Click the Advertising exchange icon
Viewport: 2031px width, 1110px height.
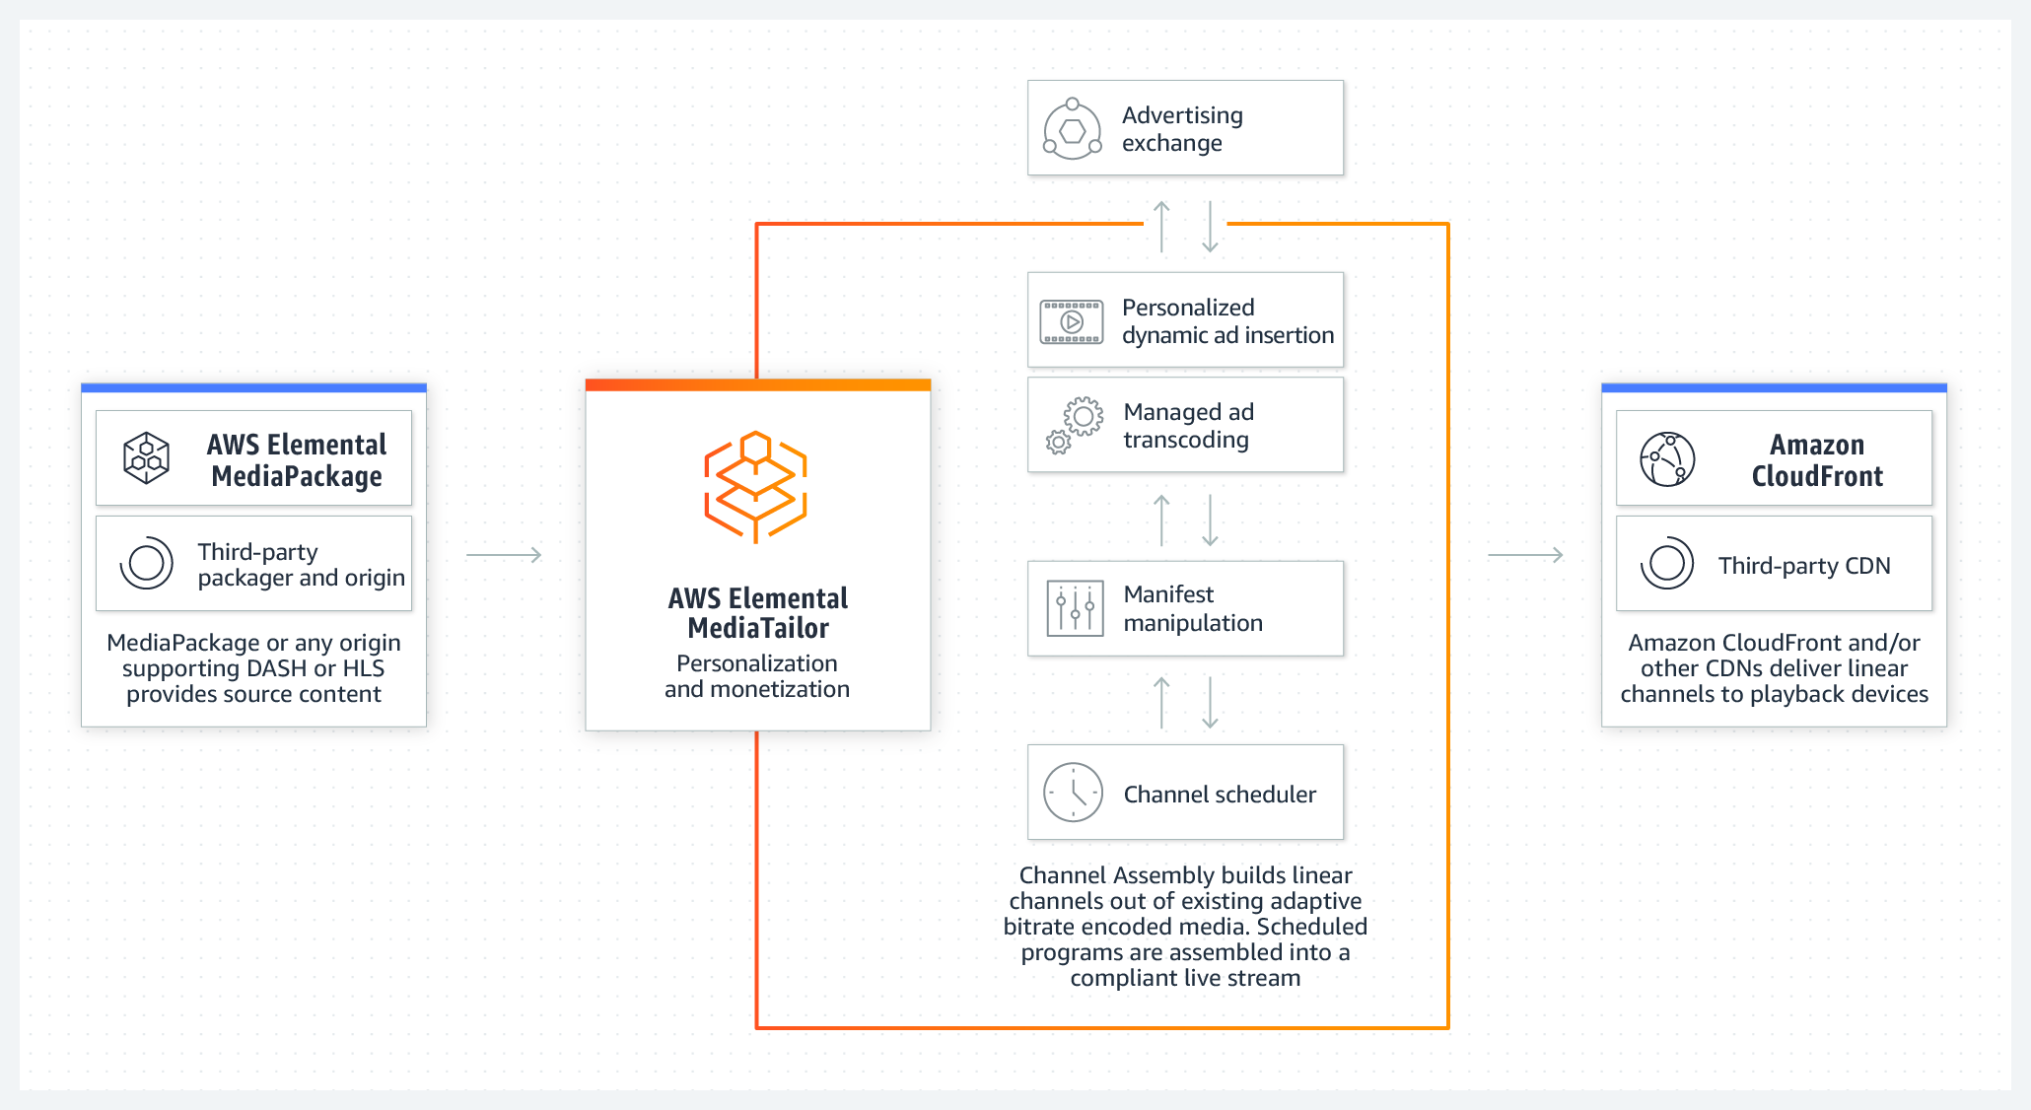(1073, 129)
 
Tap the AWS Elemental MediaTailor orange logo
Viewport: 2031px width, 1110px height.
(755, 487)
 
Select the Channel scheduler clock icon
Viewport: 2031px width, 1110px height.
(1073, 793)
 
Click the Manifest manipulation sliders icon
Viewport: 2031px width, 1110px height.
(1075, 608)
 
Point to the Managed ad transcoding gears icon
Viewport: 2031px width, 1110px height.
(1074, 425)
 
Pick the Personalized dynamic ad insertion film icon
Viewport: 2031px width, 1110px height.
(1072, 321)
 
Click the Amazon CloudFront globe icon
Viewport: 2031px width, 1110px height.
(1667, 459)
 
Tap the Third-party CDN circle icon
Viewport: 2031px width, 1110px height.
(1667, 564)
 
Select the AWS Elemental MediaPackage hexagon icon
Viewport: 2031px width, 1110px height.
(146, 458)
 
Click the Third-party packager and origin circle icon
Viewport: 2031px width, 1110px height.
(146, 563)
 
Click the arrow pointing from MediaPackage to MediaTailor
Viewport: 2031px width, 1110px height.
(504, 555)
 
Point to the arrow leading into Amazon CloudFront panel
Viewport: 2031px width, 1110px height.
(1525, 555)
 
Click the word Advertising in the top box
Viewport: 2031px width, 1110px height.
(1182, 115)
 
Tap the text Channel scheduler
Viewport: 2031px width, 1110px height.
(1220, 795)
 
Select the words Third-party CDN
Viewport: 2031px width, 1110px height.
(1804, 566)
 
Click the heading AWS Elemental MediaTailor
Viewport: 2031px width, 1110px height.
(758, 613)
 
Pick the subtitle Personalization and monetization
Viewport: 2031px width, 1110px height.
(757, 676)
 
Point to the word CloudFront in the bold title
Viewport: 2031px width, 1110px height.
(1817, 476)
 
